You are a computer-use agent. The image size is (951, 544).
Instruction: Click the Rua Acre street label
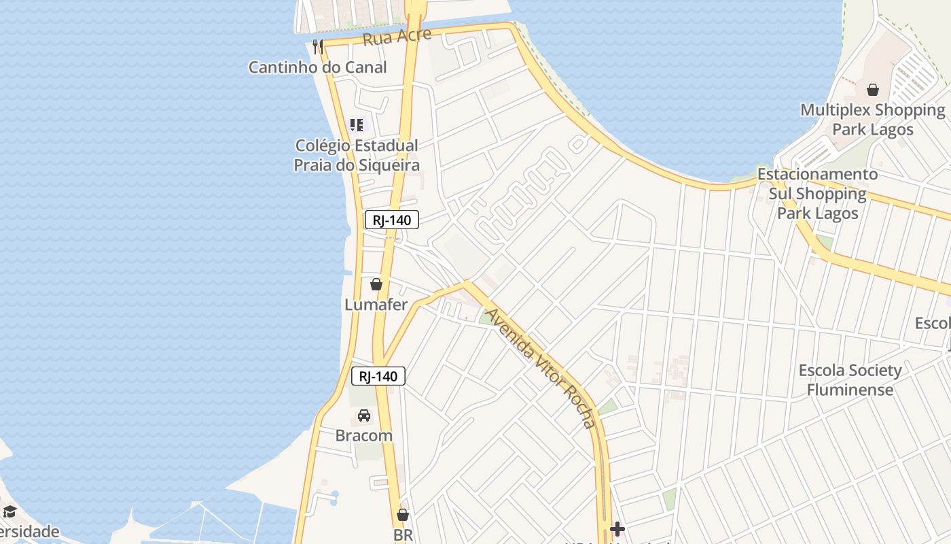[x=397, y=37]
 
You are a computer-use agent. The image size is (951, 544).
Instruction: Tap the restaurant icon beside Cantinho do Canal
[x=317, y=46]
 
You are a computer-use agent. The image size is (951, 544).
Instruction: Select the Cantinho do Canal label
[x=317, y=67]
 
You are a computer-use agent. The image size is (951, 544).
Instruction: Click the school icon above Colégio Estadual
[x=357, y=125]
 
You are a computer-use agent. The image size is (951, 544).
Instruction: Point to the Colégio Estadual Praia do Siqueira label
[x=357, y=155]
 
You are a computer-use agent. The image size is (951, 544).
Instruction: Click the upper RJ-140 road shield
[x=392, y=220]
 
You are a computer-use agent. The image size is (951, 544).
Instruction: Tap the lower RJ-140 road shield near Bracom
[x=378, y=376]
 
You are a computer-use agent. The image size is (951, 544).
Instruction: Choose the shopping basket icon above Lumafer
[x=376, y=284]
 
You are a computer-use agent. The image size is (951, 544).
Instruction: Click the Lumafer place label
[x=376, y=305]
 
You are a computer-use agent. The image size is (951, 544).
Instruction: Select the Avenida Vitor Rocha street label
[x=541, y=368]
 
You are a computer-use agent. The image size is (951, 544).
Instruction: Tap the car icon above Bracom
[x=364, y=415]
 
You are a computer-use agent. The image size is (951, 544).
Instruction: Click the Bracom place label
[x=364, y=436]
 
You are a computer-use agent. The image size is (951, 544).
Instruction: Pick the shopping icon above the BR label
[x=403, y=515]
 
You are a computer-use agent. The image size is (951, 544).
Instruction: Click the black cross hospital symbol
[x=617, y=528]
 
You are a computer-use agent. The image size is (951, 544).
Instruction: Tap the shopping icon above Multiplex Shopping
[x=873, y=90]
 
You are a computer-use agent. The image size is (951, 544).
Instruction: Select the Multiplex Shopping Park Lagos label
[x=873, y=120]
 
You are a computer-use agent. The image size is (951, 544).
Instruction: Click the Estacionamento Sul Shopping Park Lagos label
[x=818, y=194]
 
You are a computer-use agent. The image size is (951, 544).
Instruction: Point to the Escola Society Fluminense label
[x=850, y=380]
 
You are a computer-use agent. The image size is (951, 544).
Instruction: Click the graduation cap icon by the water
[x=10, y=511]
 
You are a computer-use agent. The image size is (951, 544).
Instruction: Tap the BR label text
[x=403, y=535]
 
